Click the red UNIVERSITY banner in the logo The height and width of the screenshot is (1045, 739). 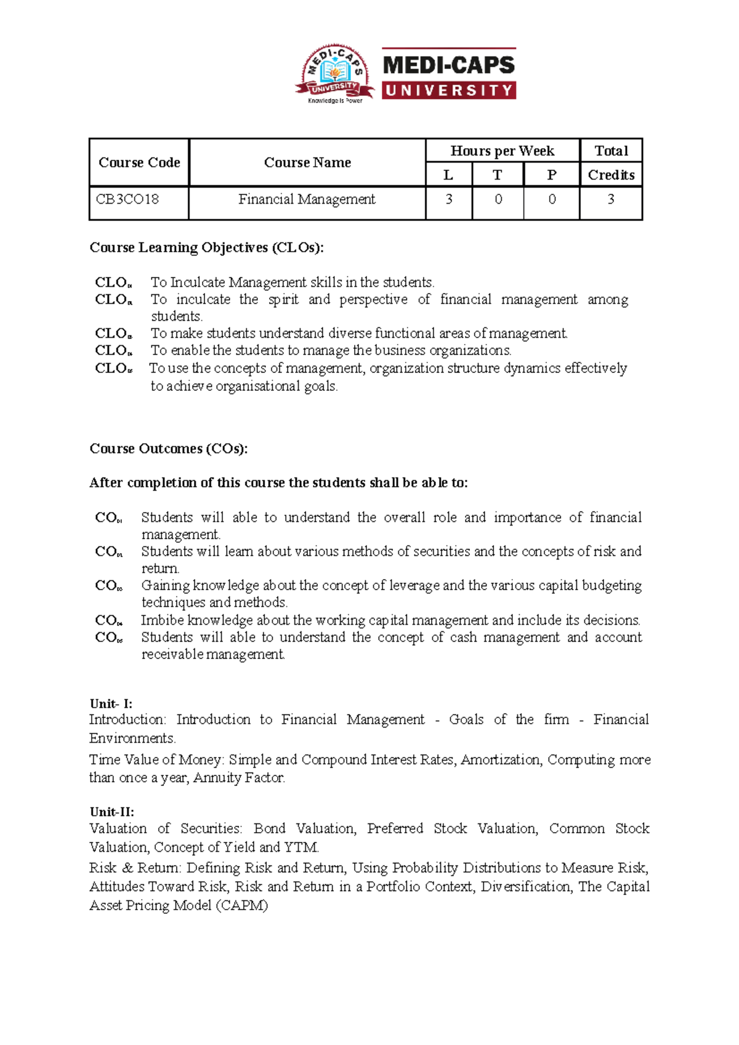[x=449, y=90]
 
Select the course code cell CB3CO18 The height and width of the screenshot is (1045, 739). [x=127, y=199]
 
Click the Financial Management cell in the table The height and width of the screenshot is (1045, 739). [x=307, y=199]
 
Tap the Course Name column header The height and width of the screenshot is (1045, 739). [x=307, y=162]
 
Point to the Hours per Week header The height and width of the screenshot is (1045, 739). [x=502, y=151]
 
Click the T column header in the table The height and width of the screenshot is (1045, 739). [x=497, y=175]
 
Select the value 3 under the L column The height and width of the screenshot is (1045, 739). [x=449, y=199]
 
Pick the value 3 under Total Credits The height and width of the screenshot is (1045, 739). [x=610, y=199]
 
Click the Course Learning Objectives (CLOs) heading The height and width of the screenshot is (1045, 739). [x=206, y=247]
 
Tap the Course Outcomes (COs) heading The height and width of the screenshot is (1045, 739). [x=168, y=449]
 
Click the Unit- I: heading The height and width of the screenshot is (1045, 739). [x=111, y=703]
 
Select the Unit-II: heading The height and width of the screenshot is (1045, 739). [x=112, y=812]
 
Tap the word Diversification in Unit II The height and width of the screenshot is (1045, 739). [x=525, y=886]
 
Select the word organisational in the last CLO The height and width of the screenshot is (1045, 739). [x=258, y=386]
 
